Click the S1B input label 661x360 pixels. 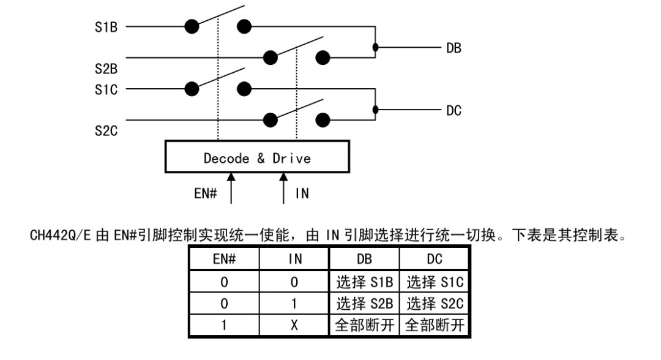pos(106,27)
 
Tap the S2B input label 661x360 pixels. pos(106,69)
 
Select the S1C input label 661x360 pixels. pos(106,89)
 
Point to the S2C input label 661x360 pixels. pos(106,130)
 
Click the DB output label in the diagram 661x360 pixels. pos(454,48)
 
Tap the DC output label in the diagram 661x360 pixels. pos(454,110)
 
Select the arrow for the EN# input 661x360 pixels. pos(231,188)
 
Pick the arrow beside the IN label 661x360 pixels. pos(283,188)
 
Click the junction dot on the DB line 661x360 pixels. pos(375,47)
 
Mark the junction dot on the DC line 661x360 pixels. pos(375,110)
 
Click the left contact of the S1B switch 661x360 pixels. pos(192,26)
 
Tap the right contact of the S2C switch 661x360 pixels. pos(323,120)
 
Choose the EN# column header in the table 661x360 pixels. pos(224,259)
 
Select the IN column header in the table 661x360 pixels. pos(294,259)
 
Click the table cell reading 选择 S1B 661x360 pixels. pos(364,282)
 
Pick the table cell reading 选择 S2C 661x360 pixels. pos(435,304)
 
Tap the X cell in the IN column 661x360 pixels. pos(294,325)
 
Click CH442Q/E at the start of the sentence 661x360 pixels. pos(60,235)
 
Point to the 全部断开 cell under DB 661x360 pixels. pos(364,325)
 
